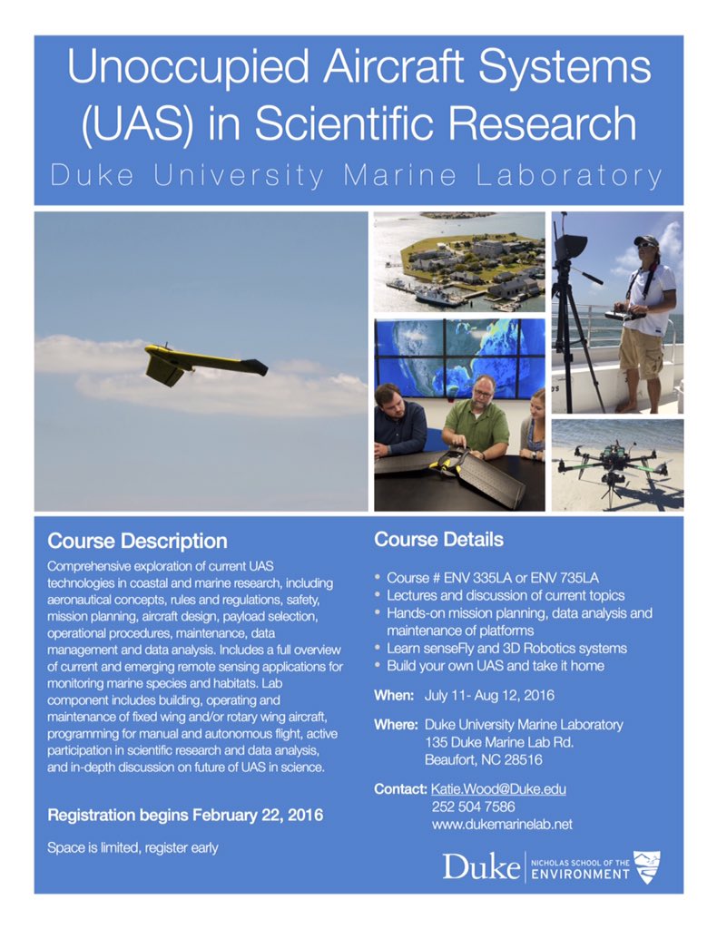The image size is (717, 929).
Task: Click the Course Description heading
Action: tap(137, 542)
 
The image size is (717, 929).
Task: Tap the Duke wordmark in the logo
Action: tap(480, 866)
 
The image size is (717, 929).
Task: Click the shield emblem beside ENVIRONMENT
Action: tap(646, 866)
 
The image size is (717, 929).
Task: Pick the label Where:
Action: tap(396, 725)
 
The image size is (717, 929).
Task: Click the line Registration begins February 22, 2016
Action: tap(184, 816)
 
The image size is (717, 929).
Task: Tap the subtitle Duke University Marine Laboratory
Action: tap(358, 175)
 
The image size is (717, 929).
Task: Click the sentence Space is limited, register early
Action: tap(132, 848)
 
